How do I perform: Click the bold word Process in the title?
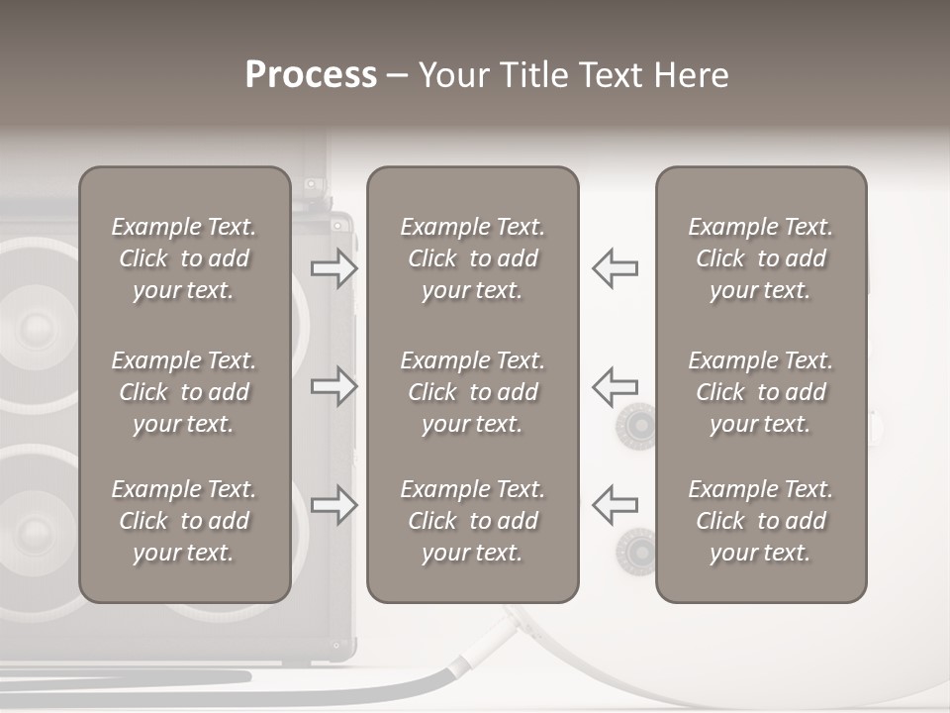click(x=311, y=75)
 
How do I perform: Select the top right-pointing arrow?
click(x=333, y=267)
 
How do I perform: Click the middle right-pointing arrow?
click(x=333, y=386)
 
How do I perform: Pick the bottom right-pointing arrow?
click(x=333, y=505)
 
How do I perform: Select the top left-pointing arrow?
click(x=616, y=267)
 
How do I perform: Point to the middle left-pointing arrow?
click(x=616, y=386)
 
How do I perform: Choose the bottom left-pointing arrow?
click(x=616, y=505)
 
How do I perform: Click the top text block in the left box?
click(x=184, y=258)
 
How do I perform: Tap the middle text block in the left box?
click(x=184, y=392)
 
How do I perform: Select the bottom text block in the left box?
click(x=184, y=521)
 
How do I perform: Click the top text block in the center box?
click(x=473, y=258)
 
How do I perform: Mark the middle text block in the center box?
click(x=473, y=392)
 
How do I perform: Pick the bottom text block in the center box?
click(x=473, y=521)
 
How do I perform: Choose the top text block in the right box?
click(x=761, y=258)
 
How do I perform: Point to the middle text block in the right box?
click(x=761, y=392)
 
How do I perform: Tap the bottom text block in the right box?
click(x=761, y=521)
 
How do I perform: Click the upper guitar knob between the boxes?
click(x=635, y=427)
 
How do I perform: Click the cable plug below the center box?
click(x=485, y=644)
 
